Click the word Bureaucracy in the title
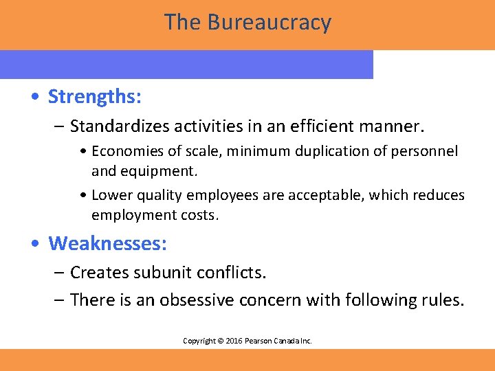[x=269, y=23]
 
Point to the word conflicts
[x=231, y=273]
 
